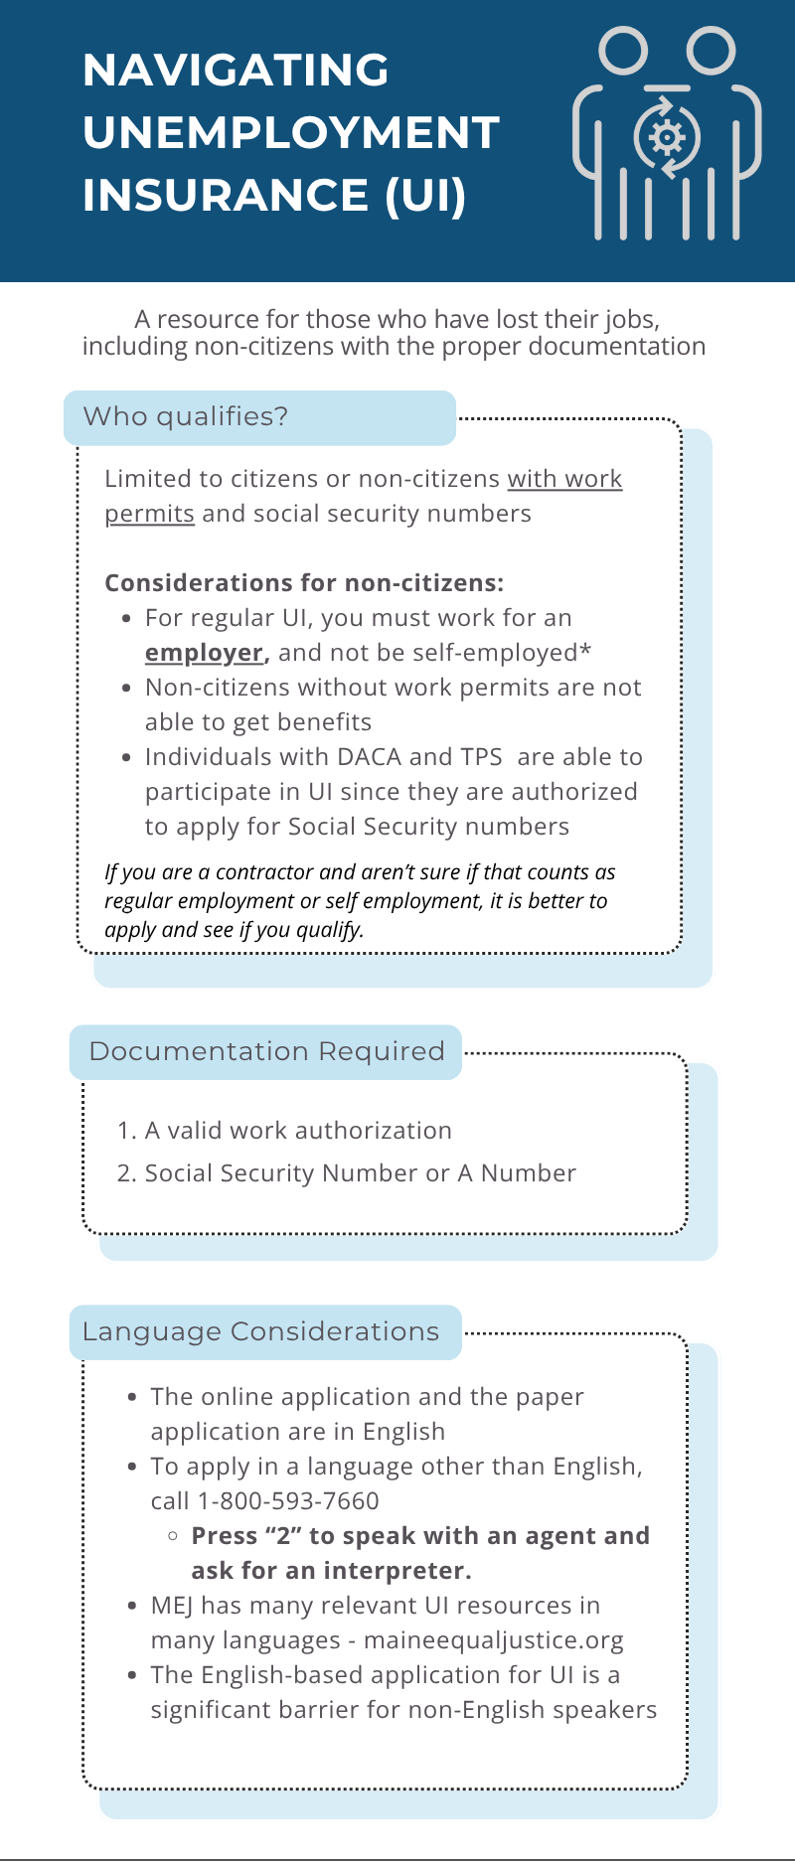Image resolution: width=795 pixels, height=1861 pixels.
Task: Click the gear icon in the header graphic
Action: (667, 137)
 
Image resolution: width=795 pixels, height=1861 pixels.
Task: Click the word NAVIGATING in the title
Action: (236, 71)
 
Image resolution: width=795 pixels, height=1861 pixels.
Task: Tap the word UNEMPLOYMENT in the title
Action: (290, 133)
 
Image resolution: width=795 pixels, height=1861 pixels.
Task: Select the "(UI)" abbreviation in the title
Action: (425, 195)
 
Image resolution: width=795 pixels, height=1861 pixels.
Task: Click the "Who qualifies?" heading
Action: (186, 416)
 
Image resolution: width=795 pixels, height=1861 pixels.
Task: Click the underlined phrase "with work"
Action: (564, 479)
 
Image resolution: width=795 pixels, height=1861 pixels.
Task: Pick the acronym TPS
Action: (481, 757)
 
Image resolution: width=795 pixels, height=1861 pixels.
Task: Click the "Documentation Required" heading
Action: (266, 1051)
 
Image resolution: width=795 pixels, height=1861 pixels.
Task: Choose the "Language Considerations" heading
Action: (260, 1331)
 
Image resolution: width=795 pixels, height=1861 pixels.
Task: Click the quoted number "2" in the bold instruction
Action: (283, 1536)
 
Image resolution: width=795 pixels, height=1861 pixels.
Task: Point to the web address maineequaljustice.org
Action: (494, 1640)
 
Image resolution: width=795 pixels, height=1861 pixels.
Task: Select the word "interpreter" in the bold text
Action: (397, 1571)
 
